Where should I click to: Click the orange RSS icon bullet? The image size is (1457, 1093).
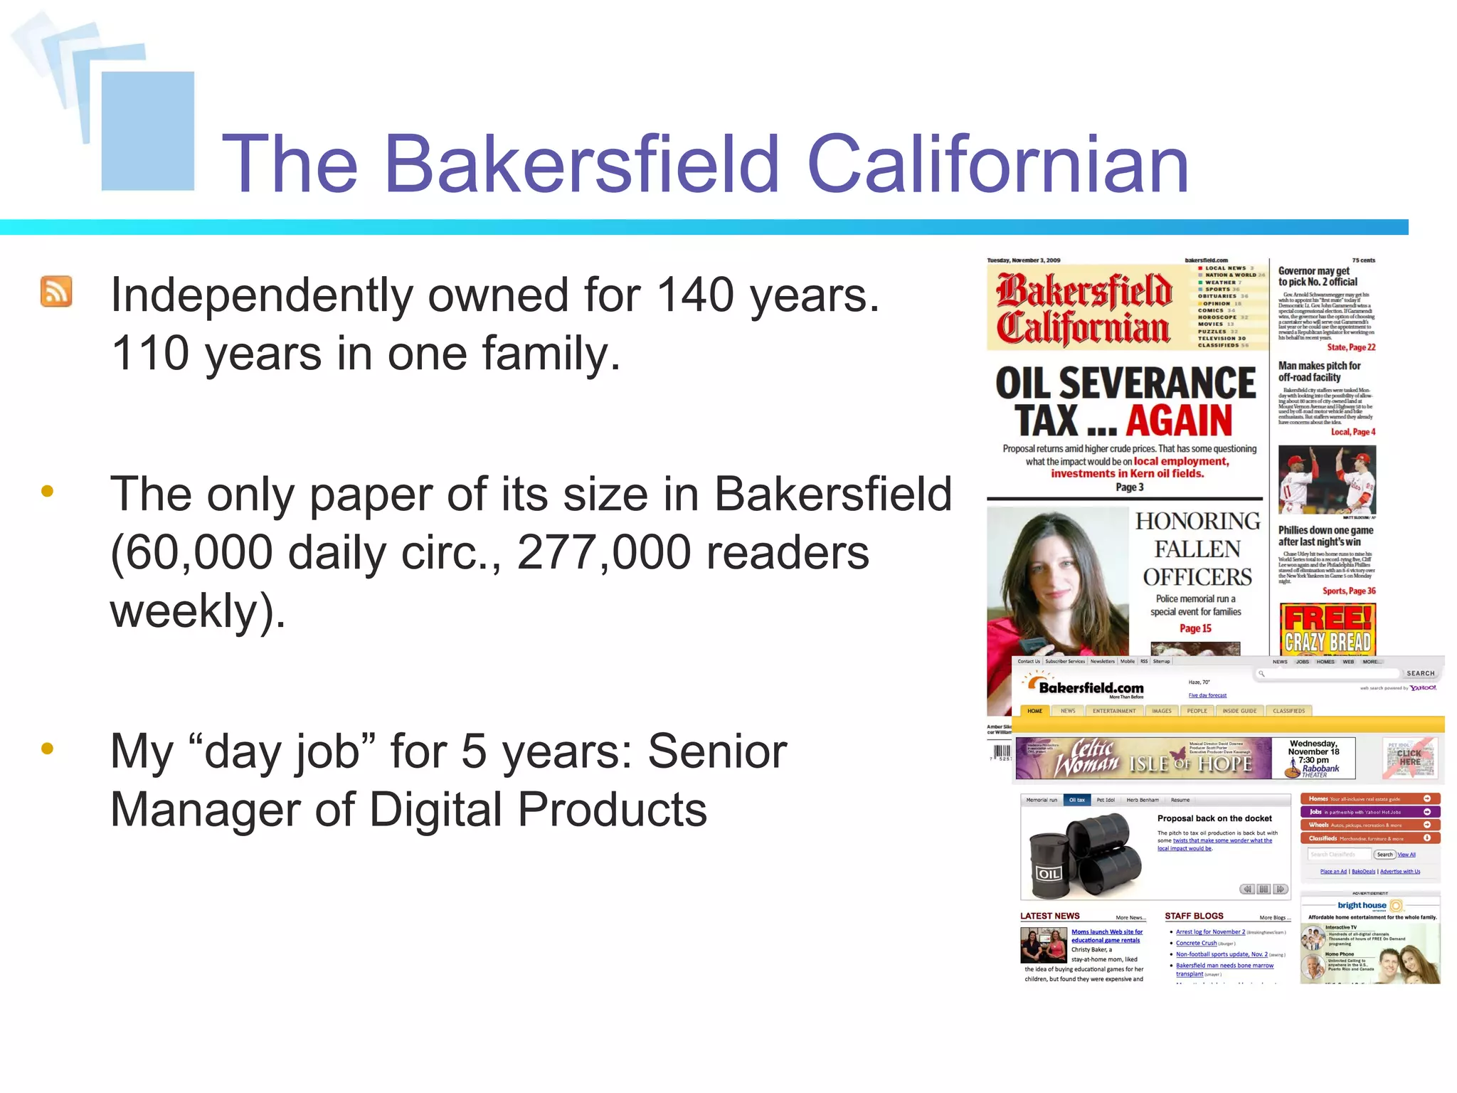click(56, 292)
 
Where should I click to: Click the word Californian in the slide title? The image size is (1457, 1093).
click(997, 164)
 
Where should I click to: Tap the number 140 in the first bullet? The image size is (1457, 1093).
click(694, 295)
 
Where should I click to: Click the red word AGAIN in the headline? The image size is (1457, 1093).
click(1179, 421)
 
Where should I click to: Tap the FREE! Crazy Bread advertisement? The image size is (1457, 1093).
click(1327, 629)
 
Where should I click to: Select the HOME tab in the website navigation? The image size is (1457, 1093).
click(1034, 711)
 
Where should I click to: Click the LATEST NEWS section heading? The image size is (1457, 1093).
click(1049, 916)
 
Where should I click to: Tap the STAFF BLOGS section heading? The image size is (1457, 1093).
click(1194, 916)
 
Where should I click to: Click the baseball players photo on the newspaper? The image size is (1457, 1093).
click(1327, 480)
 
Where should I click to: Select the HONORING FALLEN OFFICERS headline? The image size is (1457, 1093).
click(1197, 549)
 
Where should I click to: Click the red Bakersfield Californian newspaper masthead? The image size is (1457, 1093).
click(1084, 309)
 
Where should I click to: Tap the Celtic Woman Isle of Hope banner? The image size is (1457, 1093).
click(1143, 759)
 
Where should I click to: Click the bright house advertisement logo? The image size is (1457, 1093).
click(1362, 905)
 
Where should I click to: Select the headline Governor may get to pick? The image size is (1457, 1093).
click(1318, 276)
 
